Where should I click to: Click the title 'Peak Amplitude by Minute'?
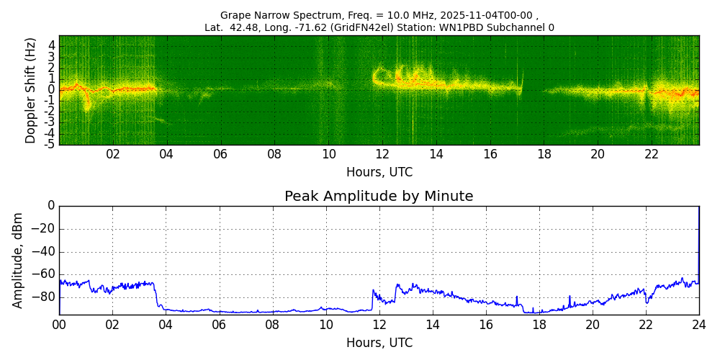coord(379,197)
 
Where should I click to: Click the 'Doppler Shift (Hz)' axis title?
coord(30,91)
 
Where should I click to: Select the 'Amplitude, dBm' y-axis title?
coord(18,260)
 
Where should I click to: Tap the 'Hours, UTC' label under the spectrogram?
coord(379,173)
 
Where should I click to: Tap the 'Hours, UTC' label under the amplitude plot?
coord(379,343)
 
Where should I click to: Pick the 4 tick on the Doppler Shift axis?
coord(51,45)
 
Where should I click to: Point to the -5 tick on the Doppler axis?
coord(49,144)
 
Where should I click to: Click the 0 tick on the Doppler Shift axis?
coord(51,90)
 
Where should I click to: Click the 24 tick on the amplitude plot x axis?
coord(699,325)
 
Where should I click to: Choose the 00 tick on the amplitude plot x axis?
coord(59,325)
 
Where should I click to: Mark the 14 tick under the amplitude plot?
coord(433,325)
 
